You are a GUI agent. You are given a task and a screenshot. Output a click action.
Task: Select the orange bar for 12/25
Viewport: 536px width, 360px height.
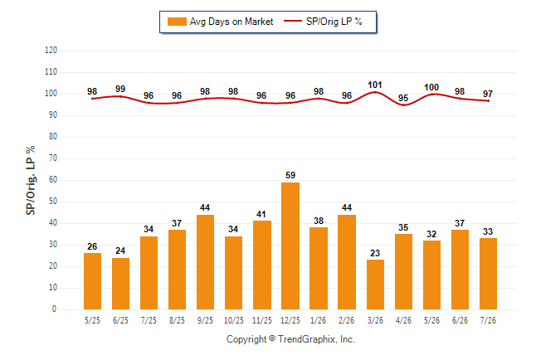290,246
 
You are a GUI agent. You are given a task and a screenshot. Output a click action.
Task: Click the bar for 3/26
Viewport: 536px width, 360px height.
375,285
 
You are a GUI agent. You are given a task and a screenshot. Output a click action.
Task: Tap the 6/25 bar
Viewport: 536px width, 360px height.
120,284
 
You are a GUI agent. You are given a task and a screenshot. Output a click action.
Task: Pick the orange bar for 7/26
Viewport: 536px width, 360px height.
488,274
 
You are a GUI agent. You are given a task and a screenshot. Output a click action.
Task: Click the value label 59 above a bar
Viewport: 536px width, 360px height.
290,175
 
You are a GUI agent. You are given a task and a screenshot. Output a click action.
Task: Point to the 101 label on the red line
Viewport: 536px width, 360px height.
375,85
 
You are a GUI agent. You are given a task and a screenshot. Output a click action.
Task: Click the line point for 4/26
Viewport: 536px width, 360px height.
403,105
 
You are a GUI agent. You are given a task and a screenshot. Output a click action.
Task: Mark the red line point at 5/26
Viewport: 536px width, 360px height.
431,94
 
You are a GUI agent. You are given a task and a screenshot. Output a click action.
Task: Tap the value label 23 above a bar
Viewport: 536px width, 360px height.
375,253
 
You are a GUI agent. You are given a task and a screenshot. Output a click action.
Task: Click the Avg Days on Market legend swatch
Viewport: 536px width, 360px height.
177,22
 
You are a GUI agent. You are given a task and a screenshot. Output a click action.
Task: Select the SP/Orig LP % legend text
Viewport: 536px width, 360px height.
334,22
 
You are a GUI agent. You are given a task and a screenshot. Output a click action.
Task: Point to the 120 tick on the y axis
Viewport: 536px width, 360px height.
51,51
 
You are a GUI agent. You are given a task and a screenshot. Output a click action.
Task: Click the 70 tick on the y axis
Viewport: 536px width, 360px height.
52,158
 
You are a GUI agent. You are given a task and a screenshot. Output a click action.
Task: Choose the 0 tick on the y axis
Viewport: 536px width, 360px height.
55,309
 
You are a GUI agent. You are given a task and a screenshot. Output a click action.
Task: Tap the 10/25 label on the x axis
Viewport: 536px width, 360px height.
234,320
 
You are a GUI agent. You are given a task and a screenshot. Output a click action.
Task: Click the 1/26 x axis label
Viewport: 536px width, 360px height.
319,320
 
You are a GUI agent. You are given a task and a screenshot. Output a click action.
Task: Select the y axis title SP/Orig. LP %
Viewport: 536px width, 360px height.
31,181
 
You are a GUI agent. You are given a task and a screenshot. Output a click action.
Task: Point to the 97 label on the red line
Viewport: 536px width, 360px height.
488,94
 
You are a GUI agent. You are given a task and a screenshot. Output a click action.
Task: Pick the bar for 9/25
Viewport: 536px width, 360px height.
206,262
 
